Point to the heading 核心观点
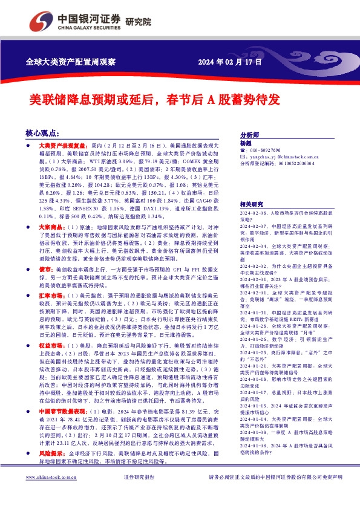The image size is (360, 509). click(x=42, y=132)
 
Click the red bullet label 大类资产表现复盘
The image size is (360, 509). click(x=62, y=146)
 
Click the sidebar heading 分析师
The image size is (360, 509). click(x=249, y=135)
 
